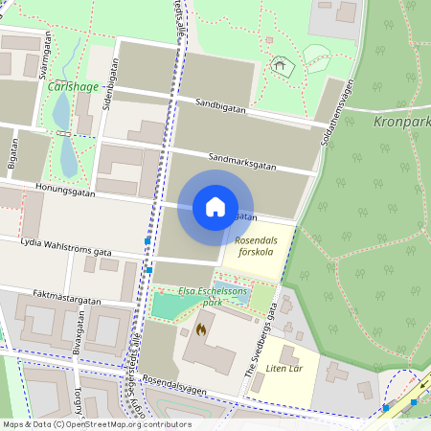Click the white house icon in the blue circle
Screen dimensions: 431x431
tap(215, 207)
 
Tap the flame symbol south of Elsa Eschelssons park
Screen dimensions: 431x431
tap(200, 329)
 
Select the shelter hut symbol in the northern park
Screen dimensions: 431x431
tap(280, 65)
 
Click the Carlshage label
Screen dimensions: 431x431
tap(71, 86)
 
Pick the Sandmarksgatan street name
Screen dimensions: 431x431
tap(241, 164)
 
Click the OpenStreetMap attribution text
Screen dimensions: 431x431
tap(96, 424)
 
